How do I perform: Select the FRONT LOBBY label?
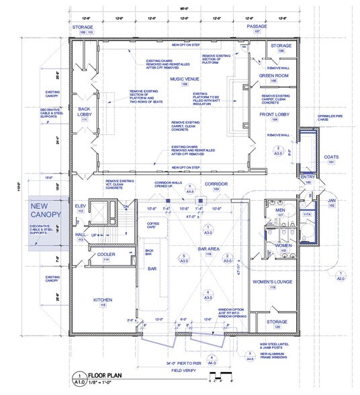pos(273,116)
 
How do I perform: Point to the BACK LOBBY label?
pos(83,110)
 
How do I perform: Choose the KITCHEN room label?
pos(102,298)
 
